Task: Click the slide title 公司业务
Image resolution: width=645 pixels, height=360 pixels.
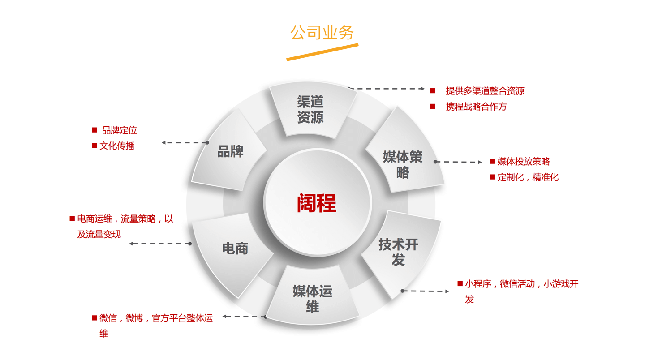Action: (x=322, y=32)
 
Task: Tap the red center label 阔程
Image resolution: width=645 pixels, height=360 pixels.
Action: (x=316, y=203)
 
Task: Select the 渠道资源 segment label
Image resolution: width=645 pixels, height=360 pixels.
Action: (x=310, y=109)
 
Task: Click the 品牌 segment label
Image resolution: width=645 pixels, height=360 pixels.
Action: (x=230, y=151)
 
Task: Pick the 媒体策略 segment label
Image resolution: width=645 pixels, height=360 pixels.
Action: (x=403, y=165)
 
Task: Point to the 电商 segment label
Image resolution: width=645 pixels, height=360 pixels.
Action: (x=235, y=249)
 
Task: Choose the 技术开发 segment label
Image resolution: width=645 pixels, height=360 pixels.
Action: (x=399, y=252)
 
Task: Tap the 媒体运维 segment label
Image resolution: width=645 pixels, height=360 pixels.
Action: (x=313, y=299)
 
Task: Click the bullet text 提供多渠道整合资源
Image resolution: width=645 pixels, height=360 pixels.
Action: (x=485, y=91)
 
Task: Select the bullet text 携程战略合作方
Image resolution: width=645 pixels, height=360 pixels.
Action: (x=476, y=107)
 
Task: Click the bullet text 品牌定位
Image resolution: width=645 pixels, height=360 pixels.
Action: (x=120, y=130)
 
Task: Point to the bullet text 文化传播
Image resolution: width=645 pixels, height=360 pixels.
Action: (x=117, y=146)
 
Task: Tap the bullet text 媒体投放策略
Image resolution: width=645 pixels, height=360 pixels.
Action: (x=524, y=162)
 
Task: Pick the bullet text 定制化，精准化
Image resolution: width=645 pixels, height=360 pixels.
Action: (x=528, y=177)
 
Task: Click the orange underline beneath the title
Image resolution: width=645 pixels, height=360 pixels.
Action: (x=322, y=52)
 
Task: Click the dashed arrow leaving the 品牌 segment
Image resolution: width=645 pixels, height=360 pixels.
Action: (x=185, y=142)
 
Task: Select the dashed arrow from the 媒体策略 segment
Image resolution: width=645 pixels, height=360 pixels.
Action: (x=458, y=162)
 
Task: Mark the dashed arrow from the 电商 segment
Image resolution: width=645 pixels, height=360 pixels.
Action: (x=160, y=244)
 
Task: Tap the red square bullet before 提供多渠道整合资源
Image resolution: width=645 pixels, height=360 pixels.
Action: (x=433, y=91)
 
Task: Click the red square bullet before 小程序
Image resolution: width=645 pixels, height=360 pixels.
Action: (x=460, y=284)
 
